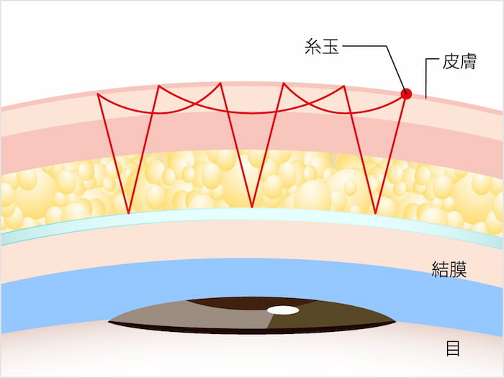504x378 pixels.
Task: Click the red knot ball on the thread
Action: pyautogui.click(x=406, y=93)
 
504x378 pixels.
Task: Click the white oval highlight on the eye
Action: pyautogui.click(x=283, y=310)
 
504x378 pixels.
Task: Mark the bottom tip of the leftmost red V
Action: pyautogui.click(x=128, y=214)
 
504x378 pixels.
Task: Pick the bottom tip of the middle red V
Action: pyautogui.click(x=252, y=207)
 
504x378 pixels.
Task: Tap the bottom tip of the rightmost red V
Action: pyautogui.click(x=376, y=214)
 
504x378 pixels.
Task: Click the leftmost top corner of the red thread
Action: pyautogui.click(x=97, y=94)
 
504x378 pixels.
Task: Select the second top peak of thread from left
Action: pyautogui.click(x=158, y=86)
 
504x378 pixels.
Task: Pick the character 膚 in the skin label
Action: pyautogui.click(x=469, y=62)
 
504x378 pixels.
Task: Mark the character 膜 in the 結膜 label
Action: pyautogui.click(x=462, y=271)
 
